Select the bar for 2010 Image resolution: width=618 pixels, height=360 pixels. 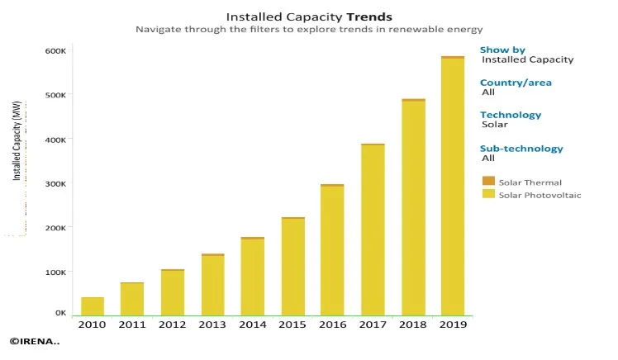click(93, 306)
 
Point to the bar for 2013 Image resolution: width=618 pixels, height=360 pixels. click(212, 284)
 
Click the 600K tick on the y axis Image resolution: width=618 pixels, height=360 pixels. click(55, 51)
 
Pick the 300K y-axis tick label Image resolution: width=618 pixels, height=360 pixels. click(55, 183)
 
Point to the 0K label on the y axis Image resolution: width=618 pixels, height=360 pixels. click(60, 313)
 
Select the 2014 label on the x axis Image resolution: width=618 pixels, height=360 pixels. click(252, 325)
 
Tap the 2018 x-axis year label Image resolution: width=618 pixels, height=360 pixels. click(413, 325)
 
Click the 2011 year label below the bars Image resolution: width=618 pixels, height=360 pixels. click(132, 325)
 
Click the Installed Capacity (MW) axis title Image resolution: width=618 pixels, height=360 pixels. click(17, 147)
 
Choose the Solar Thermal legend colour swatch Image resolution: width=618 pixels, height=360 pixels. click(488, 181)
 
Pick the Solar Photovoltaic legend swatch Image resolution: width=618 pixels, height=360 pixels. click(488, 194)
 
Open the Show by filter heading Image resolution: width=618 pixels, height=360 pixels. click(502, 50)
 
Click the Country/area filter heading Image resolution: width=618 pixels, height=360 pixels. click(516, 83)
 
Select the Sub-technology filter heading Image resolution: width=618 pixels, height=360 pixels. click(521, 149)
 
